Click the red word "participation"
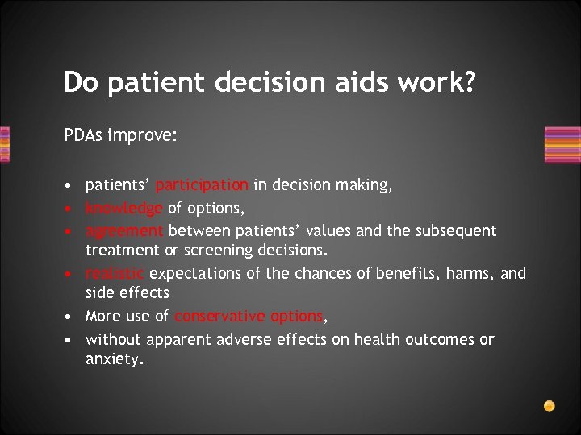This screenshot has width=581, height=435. pos(203,185)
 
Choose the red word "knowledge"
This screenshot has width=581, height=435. pos(123,208)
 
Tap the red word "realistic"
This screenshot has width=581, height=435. pos(115,274)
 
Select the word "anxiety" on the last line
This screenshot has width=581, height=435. pos(113,360)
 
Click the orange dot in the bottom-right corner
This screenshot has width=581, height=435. pos(549,404)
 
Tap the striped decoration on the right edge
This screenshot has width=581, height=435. pos(562,145)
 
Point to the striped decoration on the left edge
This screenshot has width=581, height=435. pos(5,145)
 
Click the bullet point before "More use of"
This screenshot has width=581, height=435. pos(70,317)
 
